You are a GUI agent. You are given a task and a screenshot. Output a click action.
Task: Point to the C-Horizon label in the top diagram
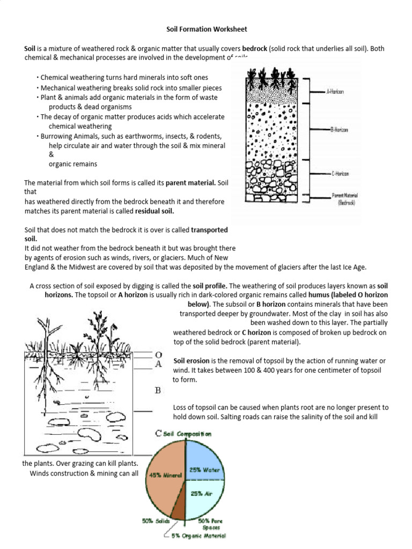[334, 173]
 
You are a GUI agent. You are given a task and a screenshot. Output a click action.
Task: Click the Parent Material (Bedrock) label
[336, 199]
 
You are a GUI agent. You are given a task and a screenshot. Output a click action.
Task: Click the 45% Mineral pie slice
[163, 473]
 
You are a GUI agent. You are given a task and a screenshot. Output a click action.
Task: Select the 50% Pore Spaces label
[211, 524]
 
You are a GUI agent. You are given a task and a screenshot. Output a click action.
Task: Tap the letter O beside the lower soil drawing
[158, 355]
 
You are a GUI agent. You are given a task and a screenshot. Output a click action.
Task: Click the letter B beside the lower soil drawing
[158, 390]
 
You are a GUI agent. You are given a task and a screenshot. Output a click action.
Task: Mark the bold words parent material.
[190, 183]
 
